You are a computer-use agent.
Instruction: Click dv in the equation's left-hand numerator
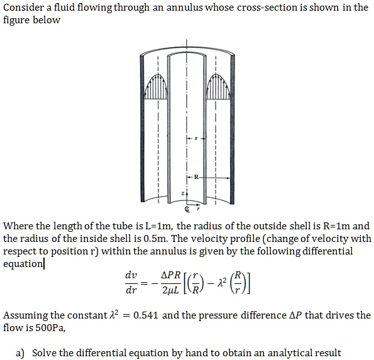click(131, 276)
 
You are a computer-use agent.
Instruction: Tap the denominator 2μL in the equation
click(169, 292)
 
